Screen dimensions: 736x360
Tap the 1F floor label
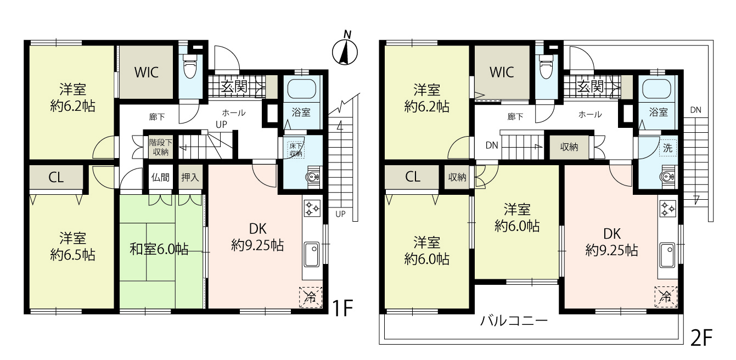342,308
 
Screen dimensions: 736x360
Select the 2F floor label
701,338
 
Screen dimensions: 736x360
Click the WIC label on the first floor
147,72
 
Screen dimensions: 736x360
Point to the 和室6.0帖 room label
159,249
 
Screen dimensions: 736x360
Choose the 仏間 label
160,177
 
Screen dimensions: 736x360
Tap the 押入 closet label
190,177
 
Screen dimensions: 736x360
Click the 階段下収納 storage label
161,147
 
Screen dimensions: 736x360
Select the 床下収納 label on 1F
296,150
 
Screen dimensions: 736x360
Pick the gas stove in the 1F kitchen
312,208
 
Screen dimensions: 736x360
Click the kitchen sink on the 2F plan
667,255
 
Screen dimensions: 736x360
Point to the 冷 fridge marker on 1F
311,297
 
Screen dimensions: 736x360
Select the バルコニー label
514,320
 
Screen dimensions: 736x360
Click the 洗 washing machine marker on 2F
667,148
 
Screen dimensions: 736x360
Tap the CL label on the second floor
413,177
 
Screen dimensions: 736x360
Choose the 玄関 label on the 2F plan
591,87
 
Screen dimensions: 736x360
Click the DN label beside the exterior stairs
696,110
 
